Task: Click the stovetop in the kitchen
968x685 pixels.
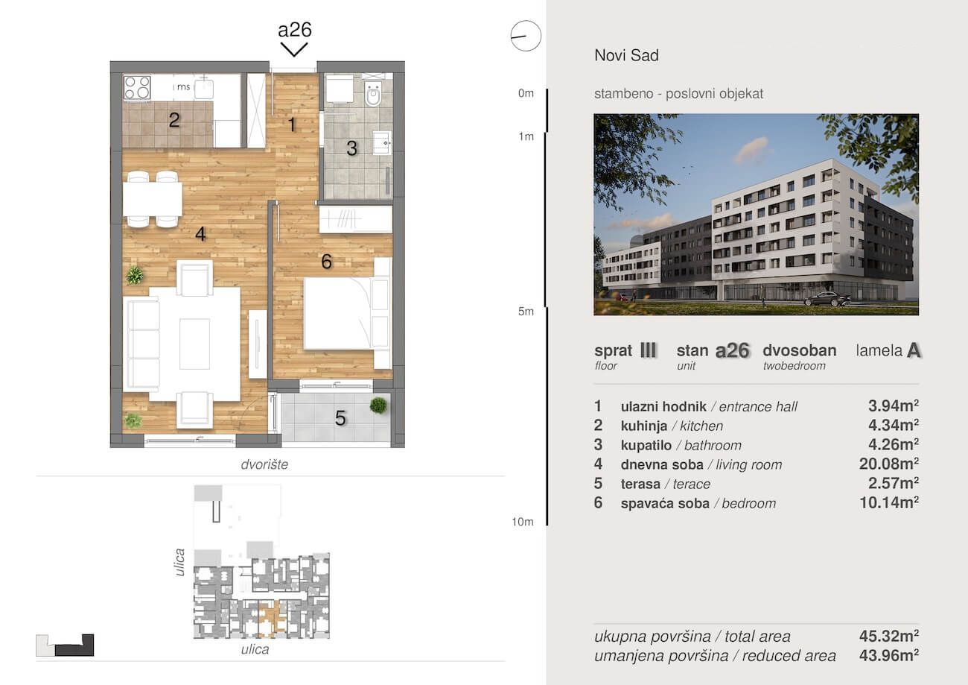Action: pos(137,87)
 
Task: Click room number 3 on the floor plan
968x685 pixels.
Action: pos(351,148)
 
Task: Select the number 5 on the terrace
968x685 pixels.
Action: pos(340,417)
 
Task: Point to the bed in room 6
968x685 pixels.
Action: pos(337,313)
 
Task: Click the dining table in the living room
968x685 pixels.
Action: pos(152,199)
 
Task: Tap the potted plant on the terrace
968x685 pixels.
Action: pos(378,405)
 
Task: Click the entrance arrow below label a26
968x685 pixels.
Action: pos(294,50)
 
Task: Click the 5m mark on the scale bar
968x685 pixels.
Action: pos(526,312)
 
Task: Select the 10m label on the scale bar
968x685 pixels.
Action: pos(523,522)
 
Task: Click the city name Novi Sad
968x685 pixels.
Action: pos(627,55)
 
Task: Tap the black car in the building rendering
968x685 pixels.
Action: pos(827,299)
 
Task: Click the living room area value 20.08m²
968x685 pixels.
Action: pos(889,464)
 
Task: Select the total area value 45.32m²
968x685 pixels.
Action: pos(889,636)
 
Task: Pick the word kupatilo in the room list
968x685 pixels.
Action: pos(646,446)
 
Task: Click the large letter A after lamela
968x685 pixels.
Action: pos(914,350)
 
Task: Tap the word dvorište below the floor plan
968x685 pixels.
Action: pos(264,464)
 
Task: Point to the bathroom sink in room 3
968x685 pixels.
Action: pos(383,142)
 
